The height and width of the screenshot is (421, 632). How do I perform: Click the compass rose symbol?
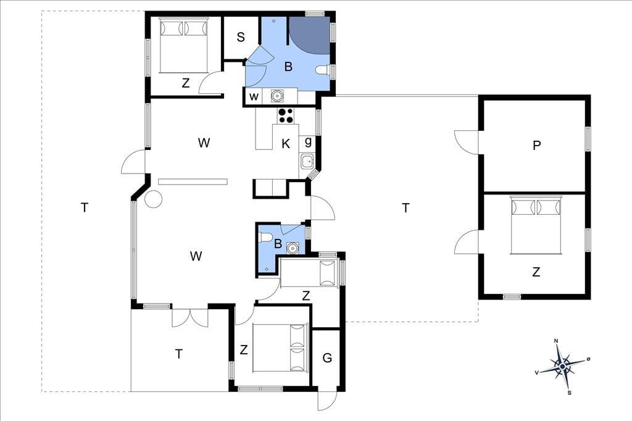tap(562, 366)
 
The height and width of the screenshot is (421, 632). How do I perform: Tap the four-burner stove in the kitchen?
tap(286, 115)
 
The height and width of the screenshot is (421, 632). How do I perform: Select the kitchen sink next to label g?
tap(307, 161)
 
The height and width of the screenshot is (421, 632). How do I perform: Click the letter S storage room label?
tap(241, 37)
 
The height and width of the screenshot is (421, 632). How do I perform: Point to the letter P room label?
tap(536, 145)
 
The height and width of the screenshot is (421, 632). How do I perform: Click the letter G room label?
tap(327, 357)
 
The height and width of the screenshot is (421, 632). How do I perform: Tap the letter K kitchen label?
tap(286, 144)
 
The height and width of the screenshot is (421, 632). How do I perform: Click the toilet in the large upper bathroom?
tap(323, 70)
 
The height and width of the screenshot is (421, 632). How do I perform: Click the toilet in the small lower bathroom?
tap(264, 236)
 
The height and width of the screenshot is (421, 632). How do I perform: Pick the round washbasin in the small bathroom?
tap(292, 248)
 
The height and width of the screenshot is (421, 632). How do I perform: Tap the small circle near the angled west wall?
tap(154, 199)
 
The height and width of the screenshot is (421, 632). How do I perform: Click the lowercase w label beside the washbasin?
tap(254, 97)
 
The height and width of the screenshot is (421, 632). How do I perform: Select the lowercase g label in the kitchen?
tap(309, 141)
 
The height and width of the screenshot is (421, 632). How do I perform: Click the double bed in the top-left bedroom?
tap(184, 45)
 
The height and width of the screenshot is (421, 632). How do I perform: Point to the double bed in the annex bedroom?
tap(536, 225)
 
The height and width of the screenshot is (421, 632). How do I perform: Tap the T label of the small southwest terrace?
tap(178, 354)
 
